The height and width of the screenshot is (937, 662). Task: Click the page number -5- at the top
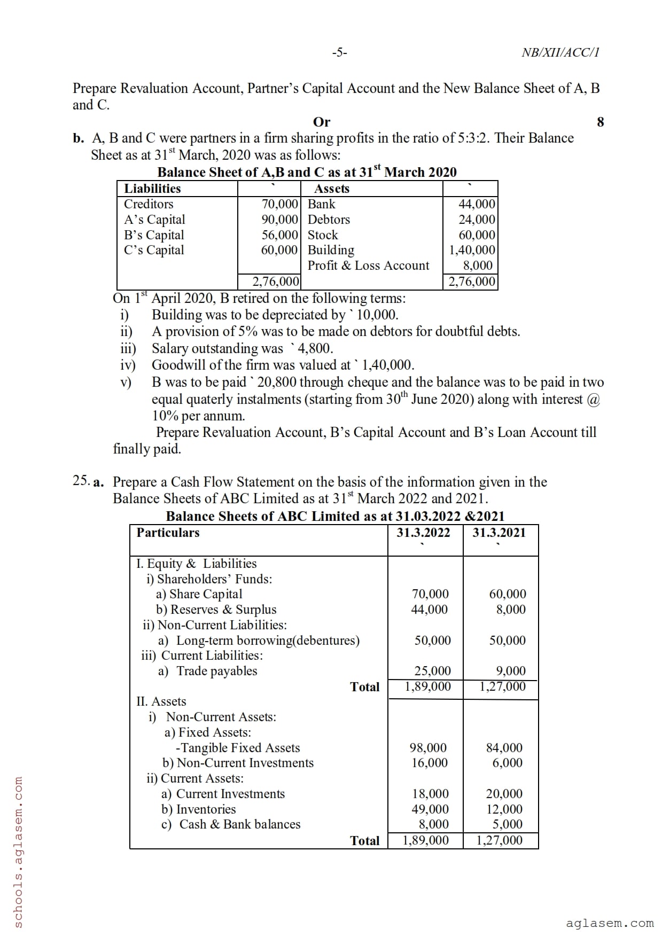click(339, 52)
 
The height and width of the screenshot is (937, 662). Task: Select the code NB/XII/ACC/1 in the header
click(560, 52)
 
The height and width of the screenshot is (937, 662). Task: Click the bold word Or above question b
click(322, 122)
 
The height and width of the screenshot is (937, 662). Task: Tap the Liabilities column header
click(152, 189)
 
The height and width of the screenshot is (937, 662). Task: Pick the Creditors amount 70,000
click(279, 204)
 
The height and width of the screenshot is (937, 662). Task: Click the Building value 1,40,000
click(472, 250)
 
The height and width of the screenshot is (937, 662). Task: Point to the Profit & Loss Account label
click(368, 266)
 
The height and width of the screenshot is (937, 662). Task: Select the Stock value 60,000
click(477, 235)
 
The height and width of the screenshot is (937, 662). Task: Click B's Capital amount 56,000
click(279, 235)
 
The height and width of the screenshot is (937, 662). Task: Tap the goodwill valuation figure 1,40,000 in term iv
click(388, 365)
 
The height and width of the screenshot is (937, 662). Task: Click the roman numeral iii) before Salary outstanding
click(128, 349)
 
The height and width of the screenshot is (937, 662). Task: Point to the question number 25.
click(81, 481)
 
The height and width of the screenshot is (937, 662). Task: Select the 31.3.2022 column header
click(423, 533)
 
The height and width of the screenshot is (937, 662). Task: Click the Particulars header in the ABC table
click(168, 533)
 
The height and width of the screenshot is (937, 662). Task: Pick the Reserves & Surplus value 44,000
click(430, 610)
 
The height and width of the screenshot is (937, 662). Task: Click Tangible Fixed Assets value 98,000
click(429, 748)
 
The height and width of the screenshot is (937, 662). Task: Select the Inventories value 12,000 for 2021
click(504, 809)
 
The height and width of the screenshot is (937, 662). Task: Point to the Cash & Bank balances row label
click(239, 824)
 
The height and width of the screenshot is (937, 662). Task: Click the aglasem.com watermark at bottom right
click(610, 923)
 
